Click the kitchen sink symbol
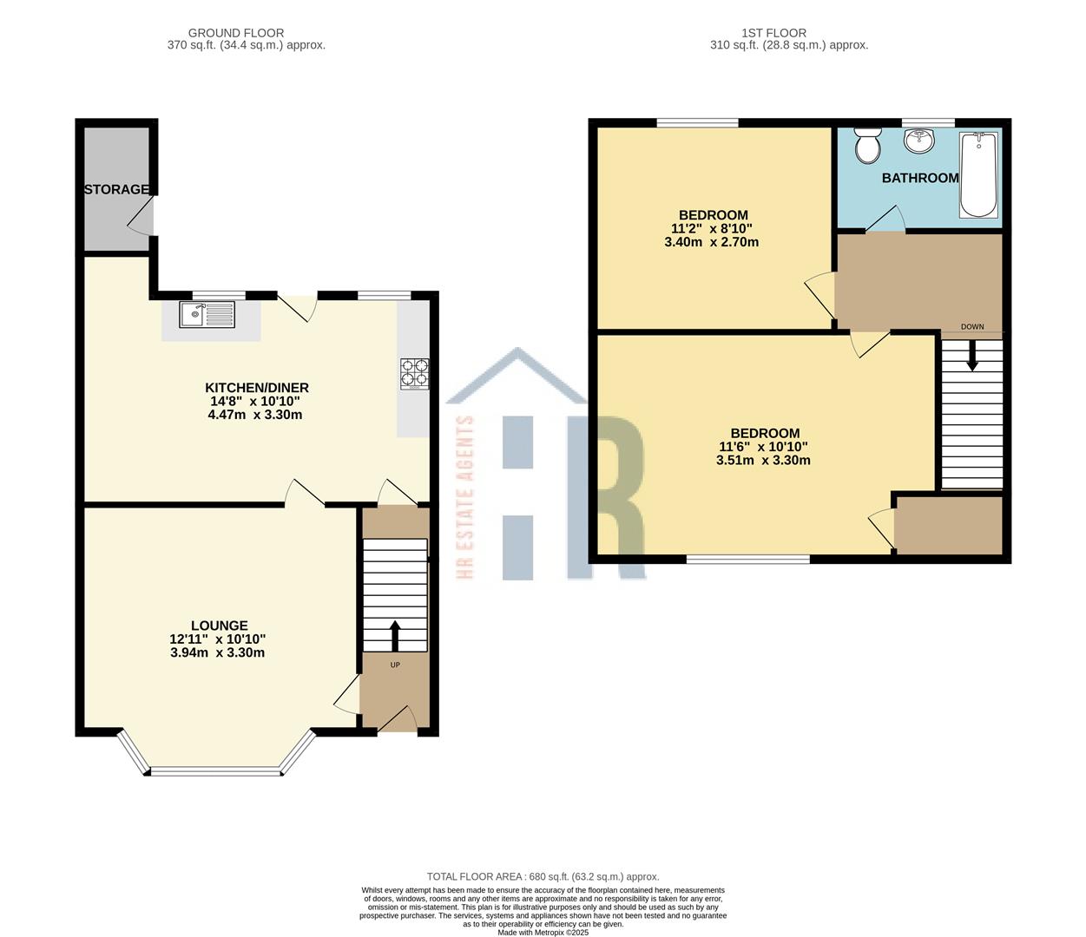[207, 314]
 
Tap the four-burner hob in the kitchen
[413, 373]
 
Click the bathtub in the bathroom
[978, 174]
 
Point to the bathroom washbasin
[918, 140]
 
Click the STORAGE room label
[116, 189]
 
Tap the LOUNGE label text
[219, 625]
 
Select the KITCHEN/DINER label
[256, 388]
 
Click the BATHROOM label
[920, 178]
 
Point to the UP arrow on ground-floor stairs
[395, 635]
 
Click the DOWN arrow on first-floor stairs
[971, 354]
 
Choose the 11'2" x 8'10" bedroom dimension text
[711, 228]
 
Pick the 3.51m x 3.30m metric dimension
[763, 461]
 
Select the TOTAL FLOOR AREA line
[543, 876]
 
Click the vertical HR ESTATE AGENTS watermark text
[464, 496]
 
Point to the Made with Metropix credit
[543, 932]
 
